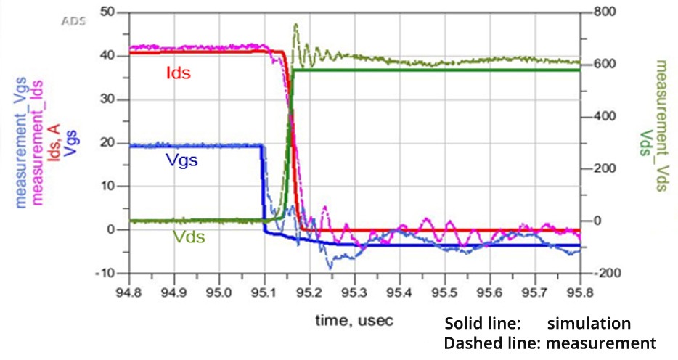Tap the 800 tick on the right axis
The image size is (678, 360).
point(602,12)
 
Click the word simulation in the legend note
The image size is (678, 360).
point(589,324)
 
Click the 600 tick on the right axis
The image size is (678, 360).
point(602,64)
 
